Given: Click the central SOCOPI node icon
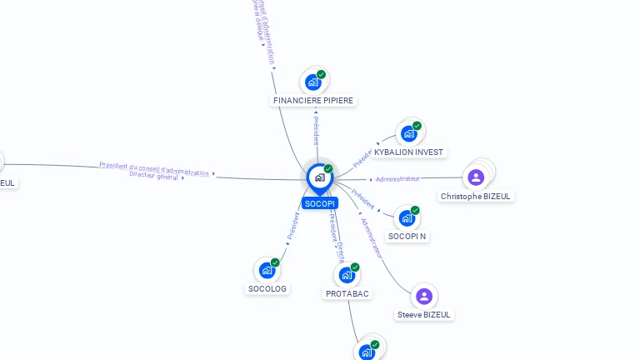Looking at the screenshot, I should [x=319, y=177].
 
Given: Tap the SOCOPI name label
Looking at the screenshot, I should [x=320, y=203].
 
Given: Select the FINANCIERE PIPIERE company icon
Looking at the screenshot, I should [x=312, y=82].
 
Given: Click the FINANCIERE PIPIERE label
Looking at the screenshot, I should [x=313, y=101].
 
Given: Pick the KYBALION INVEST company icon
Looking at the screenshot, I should [x=408, y=133].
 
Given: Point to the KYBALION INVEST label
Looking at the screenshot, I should [x=409, y=152].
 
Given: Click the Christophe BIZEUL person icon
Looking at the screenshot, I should [x=476, y=177].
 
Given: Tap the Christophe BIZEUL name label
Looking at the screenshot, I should [x=477, y=196].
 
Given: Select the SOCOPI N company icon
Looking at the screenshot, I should [x=407, y=217].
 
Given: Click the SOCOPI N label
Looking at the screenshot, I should [x=407, y=237].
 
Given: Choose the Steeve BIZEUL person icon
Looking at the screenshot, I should [x=424, y=296].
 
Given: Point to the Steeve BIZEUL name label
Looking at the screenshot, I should [x=424, y=315].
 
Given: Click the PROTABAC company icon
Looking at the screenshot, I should [x=347, y=275].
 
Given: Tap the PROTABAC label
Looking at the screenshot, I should [x=347, y=294].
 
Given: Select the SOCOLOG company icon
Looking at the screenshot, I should [x=267, y=270].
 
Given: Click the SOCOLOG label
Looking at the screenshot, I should [x=267, y=289].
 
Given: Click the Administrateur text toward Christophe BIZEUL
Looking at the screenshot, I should [x=397, y=179].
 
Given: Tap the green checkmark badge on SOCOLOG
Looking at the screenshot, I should [x=275, y=262].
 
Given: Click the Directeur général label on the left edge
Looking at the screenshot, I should [x=154, y=176].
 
